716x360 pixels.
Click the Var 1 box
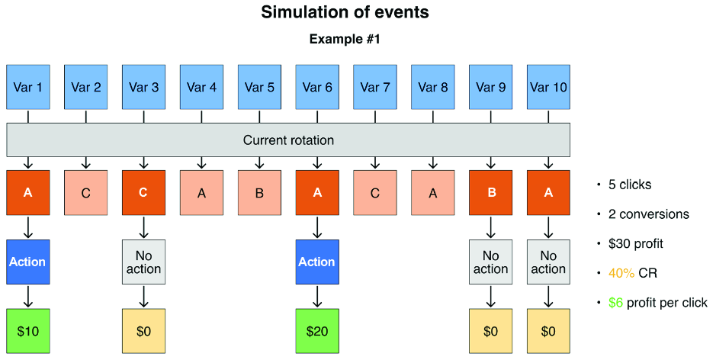[28, 87]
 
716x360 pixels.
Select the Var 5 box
[259, 87]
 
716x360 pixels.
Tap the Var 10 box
[548, 87]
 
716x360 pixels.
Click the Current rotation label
[288, 140]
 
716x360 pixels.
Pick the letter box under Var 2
[86, 193]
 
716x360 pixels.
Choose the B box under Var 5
[259, 193]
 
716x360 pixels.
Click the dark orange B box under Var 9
[491, 193]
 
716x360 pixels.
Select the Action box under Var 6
[317, 262]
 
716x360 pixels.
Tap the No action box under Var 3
[144, 262]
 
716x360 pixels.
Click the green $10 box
[28, 331]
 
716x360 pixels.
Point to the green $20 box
[317, 331]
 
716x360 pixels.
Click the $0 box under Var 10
[548, 331]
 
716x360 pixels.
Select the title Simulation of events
[345, 12]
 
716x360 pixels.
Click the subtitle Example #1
[345, 39]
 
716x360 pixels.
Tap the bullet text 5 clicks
[630, 185]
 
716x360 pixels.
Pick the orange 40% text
[621, 273]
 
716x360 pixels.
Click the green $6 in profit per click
[615, 303]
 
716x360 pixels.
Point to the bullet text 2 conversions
[648, 214]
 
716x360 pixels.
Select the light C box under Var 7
[375, 193]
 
